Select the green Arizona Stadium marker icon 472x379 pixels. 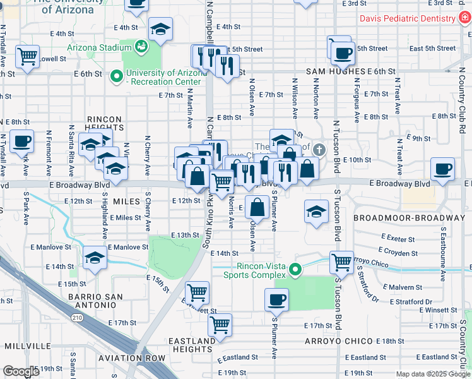[x=142, y=45]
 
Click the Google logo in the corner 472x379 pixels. [x=21, y=371]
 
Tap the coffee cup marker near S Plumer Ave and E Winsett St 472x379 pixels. [x=276, y=299]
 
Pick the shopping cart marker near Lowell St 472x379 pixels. [x=28, y=56]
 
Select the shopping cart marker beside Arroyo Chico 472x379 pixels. [x=341, y=261]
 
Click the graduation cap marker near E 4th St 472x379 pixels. [x=161, y=29]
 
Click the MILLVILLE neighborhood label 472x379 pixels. [x=27, y=347]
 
